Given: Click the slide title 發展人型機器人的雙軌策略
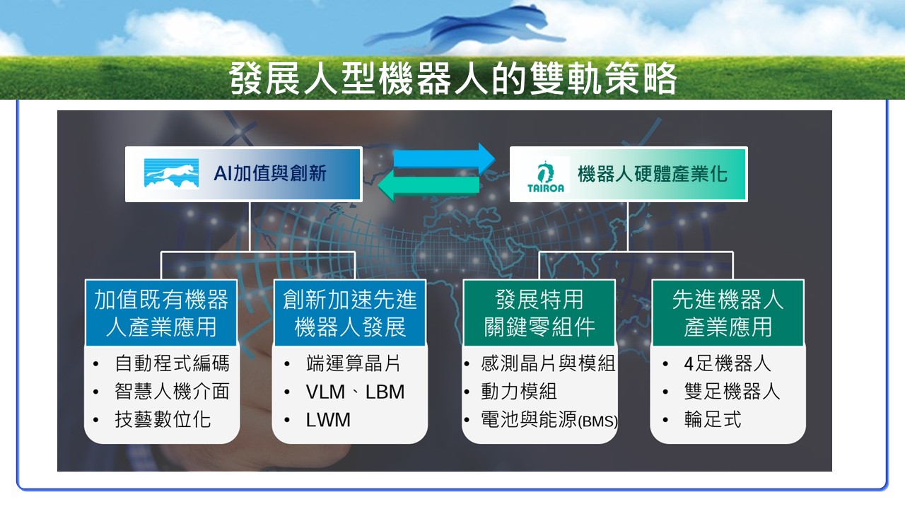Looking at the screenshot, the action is (452, 78).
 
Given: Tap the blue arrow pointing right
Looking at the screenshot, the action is (445, 158).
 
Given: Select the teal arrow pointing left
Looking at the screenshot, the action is (429, 186).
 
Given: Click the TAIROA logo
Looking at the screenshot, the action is (545, 175).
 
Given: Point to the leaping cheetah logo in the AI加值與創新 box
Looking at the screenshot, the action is (171, 173).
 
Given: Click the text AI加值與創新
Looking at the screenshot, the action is (270, 174).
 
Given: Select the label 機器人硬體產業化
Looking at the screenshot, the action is (652, 175).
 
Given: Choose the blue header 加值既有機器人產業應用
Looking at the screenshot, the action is (161, 313).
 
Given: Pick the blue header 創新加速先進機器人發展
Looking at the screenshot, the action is (350, 313).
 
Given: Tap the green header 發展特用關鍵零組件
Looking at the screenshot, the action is (539, 313).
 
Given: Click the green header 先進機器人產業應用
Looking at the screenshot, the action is (728, 313).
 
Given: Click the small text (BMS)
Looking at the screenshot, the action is (598, 422).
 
